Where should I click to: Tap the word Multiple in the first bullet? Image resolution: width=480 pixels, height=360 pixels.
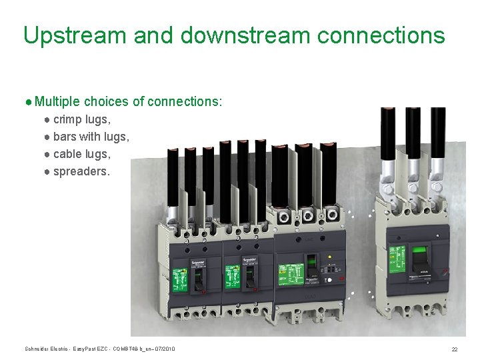(57, 102)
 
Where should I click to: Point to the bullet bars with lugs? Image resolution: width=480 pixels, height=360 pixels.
(91, 136)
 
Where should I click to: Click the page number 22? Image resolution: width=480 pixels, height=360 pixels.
(454, 349)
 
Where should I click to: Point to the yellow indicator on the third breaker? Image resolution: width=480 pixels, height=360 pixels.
(330, 257)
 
